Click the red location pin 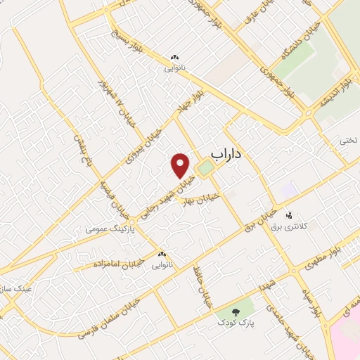pyautogui.click(x=181, y=164)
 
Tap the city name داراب pyautogui.click(x=226, y=156)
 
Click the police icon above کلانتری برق pyautogui.click(x=289, y=214)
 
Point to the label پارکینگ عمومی pyautogui.click(x=109, y=229)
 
